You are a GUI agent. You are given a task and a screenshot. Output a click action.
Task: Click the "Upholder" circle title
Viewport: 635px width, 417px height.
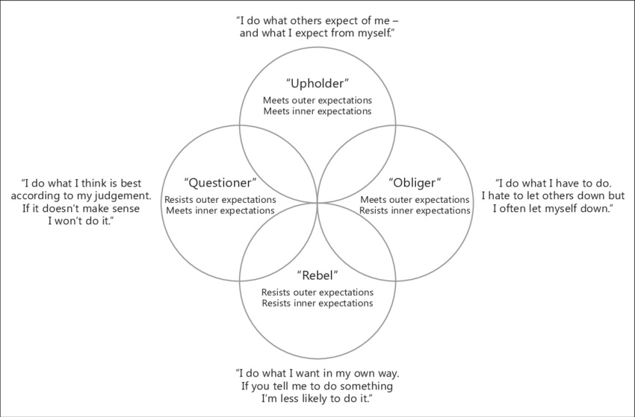click(x=317, y=83)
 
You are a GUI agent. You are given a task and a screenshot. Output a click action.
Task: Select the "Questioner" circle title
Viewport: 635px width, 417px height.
click(x=220, y=183)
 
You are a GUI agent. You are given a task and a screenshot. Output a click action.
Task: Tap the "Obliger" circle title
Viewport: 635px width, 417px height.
click(x=415, y=183)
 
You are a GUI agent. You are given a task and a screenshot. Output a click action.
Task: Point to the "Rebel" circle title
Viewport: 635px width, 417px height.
click(x=317, y=275)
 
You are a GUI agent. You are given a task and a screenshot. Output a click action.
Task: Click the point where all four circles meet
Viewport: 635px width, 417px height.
click(x=317, y=202)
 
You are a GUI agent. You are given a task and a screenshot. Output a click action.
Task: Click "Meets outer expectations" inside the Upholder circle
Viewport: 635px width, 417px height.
click(x=317, y=100)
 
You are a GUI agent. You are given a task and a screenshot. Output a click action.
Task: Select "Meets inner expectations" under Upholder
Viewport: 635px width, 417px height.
click(x=317, y=111)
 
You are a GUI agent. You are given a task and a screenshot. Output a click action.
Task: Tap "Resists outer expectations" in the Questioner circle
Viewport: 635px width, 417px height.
click(x=220, y=200)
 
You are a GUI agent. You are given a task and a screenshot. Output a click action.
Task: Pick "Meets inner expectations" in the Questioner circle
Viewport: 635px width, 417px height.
click(x=220, y=210)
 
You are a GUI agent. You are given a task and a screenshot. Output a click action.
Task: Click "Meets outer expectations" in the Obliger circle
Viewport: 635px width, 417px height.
click(x=415, y=200)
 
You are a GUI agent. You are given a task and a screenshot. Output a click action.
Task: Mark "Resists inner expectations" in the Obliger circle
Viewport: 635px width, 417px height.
click(x=415, y=210)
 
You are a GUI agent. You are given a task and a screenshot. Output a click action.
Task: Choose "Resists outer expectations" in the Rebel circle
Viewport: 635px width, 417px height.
click(x=317, y=292)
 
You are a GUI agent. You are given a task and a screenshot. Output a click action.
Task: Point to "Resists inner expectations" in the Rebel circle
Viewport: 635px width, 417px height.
click(x=317, y=304)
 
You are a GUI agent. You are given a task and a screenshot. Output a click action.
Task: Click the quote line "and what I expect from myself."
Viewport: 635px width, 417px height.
click(x=317, y=34)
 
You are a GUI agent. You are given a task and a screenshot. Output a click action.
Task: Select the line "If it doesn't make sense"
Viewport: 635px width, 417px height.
click(x=81, y=210)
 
